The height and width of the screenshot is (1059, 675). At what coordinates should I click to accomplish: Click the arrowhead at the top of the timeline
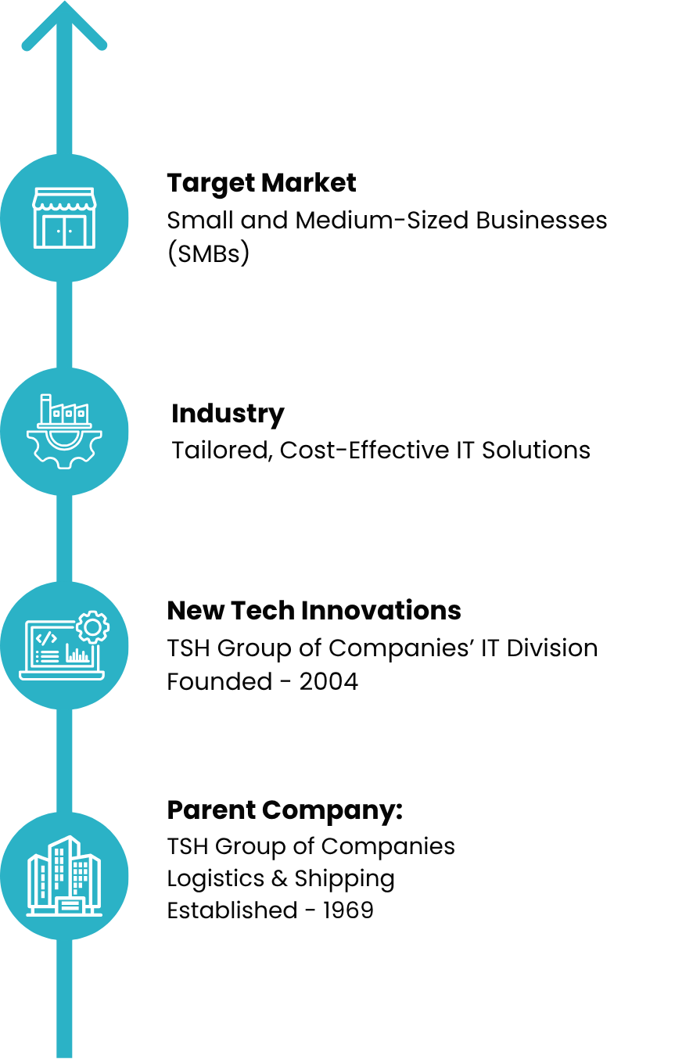[x=64, y=26]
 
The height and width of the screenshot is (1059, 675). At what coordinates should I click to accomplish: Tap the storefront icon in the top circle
[x=64, y=218]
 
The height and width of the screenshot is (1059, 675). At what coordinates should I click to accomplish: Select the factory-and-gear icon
[x=64, y=431]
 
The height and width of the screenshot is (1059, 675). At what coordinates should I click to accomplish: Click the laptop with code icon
[x=64, y=645]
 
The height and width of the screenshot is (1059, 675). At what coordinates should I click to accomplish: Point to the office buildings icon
[x=64, y=876]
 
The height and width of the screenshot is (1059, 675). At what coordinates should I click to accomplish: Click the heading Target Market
[x=261, y=184]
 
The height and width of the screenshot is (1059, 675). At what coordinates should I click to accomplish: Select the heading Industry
[x=228, y=415]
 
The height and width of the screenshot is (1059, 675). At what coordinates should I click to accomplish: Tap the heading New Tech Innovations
[x=314, y=610]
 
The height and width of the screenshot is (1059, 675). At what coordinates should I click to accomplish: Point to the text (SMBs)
[x=209, y=254]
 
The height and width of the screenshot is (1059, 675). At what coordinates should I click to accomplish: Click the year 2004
[x=329, y=682]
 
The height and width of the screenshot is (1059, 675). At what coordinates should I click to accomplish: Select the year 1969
[x=348, y=910]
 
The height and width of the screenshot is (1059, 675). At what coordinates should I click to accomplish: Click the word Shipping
[x=345, y=879]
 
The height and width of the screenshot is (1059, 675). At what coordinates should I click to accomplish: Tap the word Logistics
[x=216, y=879]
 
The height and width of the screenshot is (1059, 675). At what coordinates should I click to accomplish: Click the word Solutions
[x=536, y=450]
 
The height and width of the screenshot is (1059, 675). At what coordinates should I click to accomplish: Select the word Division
[x=552, y=648]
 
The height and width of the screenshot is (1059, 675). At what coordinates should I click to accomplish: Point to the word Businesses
[x=542, y=221]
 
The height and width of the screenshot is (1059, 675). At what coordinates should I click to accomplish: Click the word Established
[x=232, y=910]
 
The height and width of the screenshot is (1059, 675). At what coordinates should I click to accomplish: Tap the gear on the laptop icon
[x=92, y=627]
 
